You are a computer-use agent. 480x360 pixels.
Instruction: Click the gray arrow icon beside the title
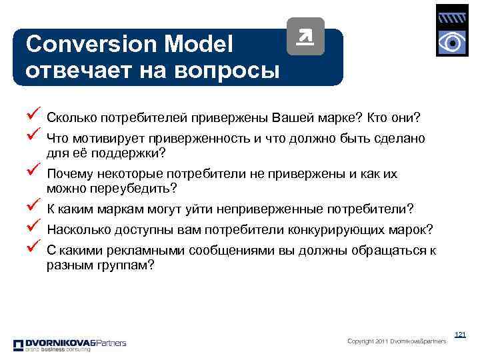pyautogui.click(x=305, y=37)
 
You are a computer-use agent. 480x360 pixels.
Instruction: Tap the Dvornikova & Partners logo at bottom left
pyautogui.click(x=69, y=345)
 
